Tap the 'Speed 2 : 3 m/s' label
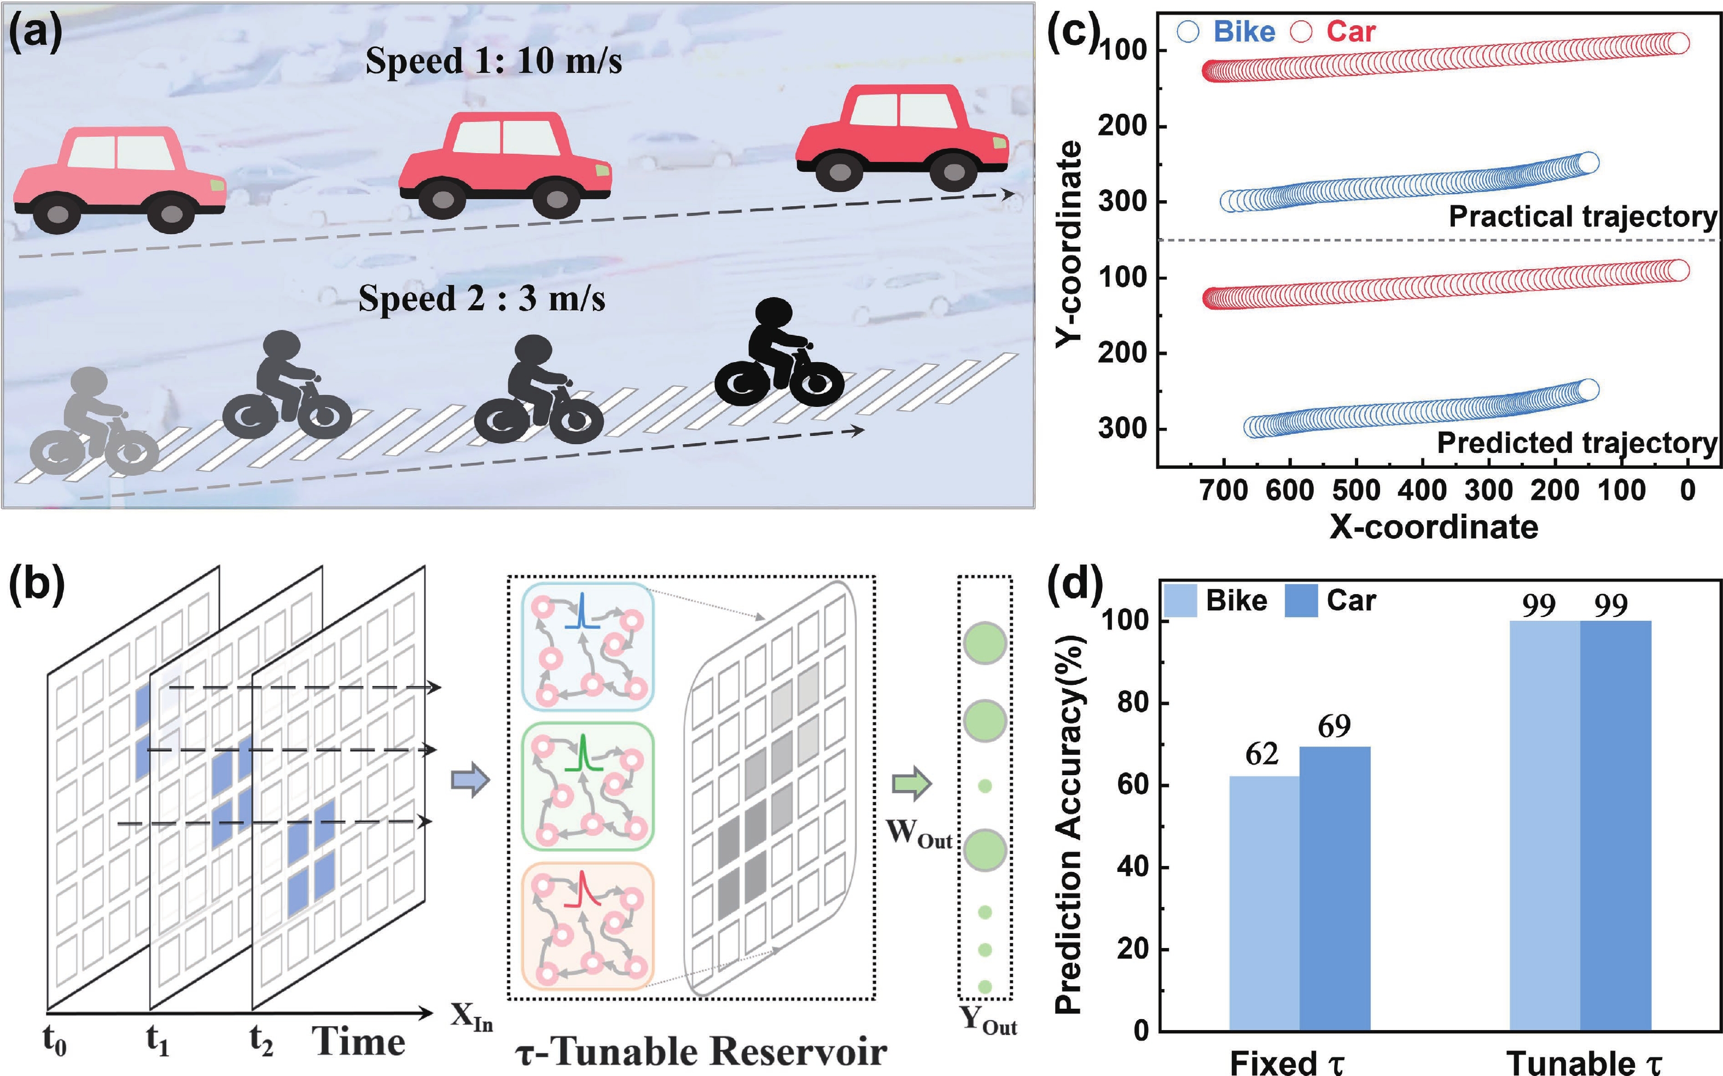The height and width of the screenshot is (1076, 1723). coord(481,298)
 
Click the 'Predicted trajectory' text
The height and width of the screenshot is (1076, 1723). coord(1576,443)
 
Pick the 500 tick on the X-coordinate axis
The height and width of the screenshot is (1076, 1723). coord(1356,490)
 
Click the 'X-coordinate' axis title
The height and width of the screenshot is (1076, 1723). coord(1434,527)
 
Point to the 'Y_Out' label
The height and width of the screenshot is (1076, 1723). coord(988,1021)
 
